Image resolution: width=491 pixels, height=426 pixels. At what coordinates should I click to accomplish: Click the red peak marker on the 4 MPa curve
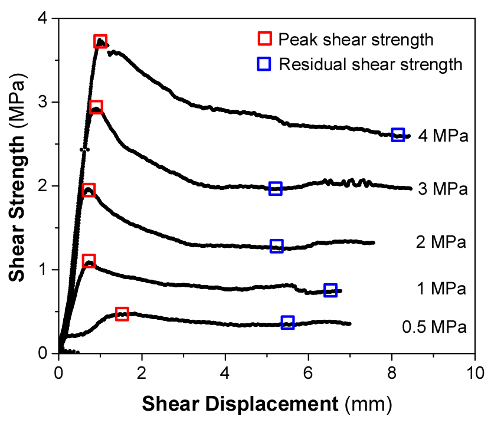click(x=100, y=41)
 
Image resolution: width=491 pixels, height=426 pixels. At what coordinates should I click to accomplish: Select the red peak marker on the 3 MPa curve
click(x=96, y=107)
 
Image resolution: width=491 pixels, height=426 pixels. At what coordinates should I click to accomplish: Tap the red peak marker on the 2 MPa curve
click(x=89, y=190)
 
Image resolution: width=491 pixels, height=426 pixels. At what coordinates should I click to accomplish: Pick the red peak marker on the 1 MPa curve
click(x=89, y=261)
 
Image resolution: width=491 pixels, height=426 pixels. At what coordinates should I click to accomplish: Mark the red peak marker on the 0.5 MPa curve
click(x=122, y=314)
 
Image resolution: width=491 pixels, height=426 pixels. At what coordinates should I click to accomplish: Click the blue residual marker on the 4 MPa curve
click(x=398, y=135)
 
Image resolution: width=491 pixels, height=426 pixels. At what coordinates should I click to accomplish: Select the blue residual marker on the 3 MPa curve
click(x=275, y=188)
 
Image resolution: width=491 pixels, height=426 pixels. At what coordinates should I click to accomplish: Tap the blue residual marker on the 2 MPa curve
click(x=276, y=246)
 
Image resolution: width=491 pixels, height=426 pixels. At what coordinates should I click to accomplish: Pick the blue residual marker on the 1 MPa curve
click(x=330, y=290)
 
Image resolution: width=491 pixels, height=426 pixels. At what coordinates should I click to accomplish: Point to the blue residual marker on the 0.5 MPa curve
click(x=288, y=322)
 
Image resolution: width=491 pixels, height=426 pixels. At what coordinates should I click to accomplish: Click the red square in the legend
click(x=264, y=40)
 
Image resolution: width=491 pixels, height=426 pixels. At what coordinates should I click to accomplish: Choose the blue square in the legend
click(x=264, y=64)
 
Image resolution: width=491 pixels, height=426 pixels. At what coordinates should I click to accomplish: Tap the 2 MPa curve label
click(x=441, y=242)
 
